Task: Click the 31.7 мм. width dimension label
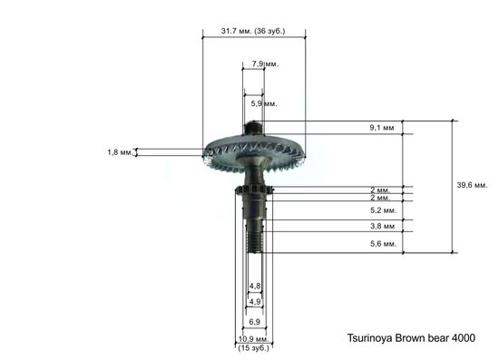click(x=240, y=32)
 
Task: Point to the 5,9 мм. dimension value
click(x=264, y=104)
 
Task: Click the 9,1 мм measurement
click(x=381, y=128)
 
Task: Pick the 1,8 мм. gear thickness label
click(x=120, y=152)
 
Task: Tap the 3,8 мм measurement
click(x=381, y=226)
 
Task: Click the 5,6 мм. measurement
click(x=380, y=244)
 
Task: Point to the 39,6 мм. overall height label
click(x=472, y=185)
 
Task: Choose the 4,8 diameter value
click(x=255, y=287)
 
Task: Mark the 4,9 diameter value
click(x=255, y=301)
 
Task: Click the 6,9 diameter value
click(x=255, y=322)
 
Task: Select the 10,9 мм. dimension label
click(x=254, y=338)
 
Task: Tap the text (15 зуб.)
click(x=254, y=347)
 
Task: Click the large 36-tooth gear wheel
click(x=227, y=150)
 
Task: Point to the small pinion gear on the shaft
click(x=253, y=189)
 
